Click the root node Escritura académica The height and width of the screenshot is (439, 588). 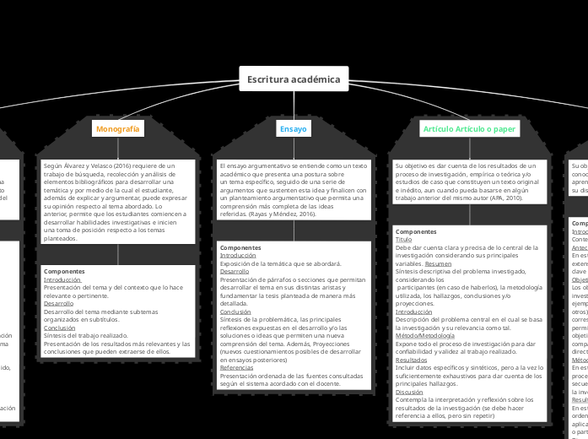tap(294, 79)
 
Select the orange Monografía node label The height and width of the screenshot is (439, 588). tap(118, 129)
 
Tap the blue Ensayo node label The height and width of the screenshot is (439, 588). tap(294, 129)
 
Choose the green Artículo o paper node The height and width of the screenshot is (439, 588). tap(469, 129)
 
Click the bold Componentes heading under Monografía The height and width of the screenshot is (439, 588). tap(63, 271)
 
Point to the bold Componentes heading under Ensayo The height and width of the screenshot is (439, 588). tap(240, 247)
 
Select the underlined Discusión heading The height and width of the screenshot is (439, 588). tap(409, 392)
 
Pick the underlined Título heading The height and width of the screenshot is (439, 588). tap(403, 239)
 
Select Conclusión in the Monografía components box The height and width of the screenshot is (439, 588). tap(59, 328)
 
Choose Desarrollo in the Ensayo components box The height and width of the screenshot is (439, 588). tap(235, 271)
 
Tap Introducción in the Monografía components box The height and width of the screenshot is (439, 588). tap(62, 279)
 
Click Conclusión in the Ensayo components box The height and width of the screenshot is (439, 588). tap(235, 311)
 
